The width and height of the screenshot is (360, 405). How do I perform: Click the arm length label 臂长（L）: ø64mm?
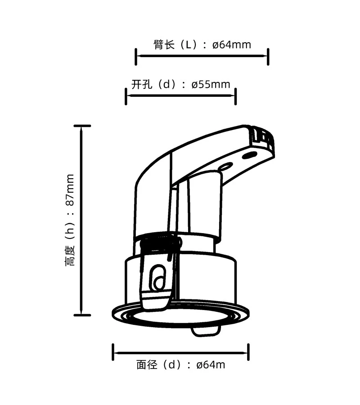pyautogui.click(x=202, y=45)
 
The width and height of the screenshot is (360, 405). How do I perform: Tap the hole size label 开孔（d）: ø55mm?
pyautogui.click(x=180, y=84)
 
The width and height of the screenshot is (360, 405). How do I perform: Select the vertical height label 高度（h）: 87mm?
pyautogui.click(x=70, y=220)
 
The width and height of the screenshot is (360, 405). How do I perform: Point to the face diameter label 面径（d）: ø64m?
pyautogui.click(x=180, y=364)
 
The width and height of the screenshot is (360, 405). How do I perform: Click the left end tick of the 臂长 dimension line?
pyautogui.click(x=136, y=56)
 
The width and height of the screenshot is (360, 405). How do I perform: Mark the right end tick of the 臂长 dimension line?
pyautogui.click(x=268, y=56)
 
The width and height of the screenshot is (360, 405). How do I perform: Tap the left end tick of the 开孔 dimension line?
pyautogui.click(x=126, y=96)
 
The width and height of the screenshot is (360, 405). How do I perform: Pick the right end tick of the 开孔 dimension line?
pyautogui.click(x=236, y=96)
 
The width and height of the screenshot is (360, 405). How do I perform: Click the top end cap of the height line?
pyautogui.click(x=82, y=126)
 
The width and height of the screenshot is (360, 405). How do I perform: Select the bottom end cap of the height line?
pyautogui.click(x=82, y=315)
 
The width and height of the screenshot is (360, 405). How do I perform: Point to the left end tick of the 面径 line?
pyautogui.click(x=112, y=352)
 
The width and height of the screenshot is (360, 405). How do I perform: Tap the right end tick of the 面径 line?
pyautogui.click(x=249, y=352)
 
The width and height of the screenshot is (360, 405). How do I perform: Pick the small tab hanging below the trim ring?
pyautogui.click(x=206, y=331)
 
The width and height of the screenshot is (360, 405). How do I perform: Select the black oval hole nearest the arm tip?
pyautogui.click(x=247, y=156)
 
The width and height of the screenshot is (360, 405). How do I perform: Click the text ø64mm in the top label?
pyautogui.click(x=231, y=45)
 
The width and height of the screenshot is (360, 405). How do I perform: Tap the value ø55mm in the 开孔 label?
pyautogui.click(x=211, y=84)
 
